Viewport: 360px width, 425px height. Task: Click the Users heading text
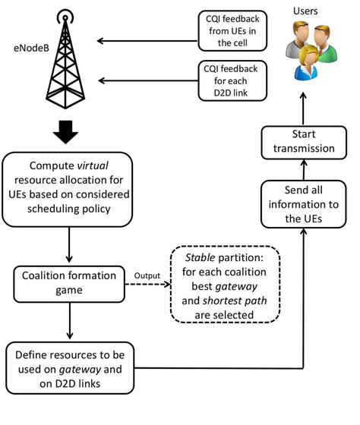[305, 11]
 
